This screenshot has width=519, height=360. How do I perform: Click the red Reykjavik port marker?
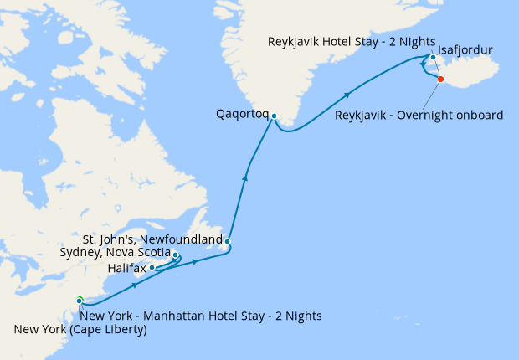[441, 80]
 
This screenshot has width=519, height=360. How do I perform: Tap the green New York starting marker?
[79, 300]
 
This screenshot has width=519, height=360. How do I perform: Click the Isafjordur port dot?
[433, 58]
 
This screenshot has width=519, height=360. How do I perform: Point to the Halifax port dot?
[152, 268]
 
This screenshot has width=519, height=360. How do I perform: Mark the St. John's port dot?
[227, 242]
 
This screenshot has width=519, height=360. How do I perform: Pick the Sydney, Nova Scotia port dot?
[175, 254]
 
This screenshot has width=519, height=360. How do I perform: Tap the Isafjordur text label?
[465, 51]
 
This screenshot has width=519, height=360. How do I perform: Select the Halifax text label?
[126, 268]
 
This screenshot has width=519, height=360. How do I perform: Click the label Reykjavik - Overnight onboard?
[419, 115]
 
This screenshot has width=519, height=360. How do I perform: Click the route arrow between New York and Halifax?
[135, 285]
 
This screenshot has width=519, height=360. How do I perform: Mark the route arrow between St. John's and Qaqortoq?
[245, 176]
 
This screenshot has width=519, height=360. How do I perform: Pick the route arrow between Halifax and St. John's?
[195, 262]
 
